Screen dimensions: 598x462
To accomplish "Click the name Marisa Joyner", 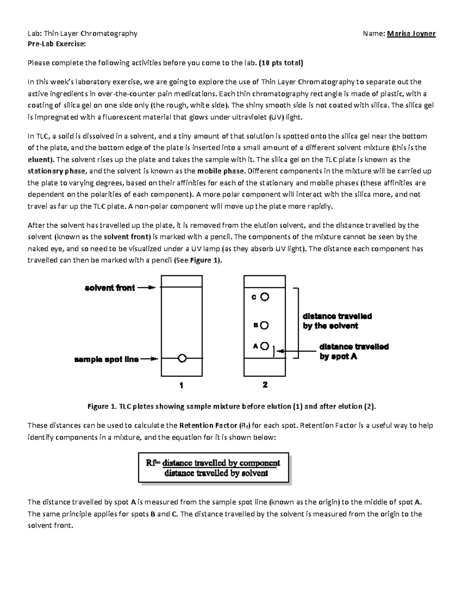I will (411, 34).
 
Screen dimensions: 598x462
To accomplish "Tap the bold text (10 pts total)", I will (281, 63).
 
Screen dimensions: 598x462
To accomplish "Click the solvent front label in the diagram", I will (110, 288).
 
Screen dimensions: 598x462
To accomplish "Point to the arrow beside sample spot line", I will (149, 359).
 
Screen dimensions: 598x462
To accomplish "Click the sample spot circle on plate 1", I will (182, 358).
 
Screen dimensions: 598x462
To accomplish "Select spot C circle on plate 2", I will (264, 297).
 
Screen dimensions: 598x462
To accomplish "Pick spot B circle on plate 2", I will (264, 325).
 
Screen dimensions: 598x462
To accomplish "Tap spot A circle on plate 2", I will (264, 346).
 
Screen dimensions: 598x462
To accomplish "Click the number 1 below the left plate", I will (181, 385).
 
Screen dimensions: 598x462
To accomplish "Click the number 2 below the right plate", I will (265, 384).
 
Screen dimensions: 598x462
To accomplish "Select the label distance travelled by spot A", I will (353, 351).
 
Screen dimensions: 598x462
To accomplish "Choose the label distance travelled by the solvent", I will (337, 321).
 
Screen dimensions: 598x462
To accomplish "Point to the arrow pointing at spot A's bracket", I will (296, 351).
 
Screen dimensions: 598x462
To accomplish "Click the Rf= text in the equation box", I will (154, 463).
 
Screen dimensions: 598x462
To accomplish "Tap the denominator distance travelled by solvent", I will (216, 473).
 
